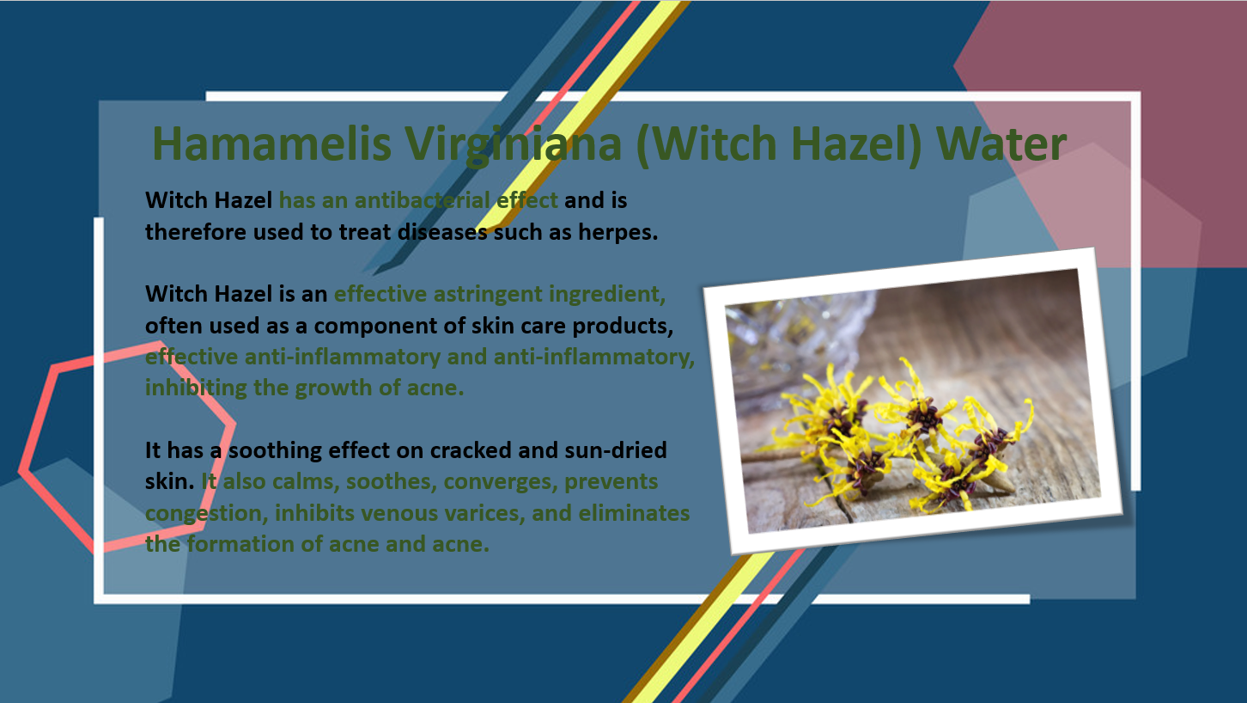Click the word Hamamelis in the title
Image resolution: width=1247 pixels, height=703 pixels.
tap(271, 144)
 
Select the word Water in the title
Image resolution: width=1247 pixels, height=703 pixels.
tap(1001, 144)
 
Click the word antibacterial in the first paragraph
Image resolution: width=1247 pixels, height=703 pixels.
tap(422, 200)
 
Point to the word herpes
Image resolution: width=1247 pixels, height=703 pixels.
tap(618, 233)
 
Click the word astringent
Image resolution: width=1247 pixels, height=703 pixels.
tap(488, 295)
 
